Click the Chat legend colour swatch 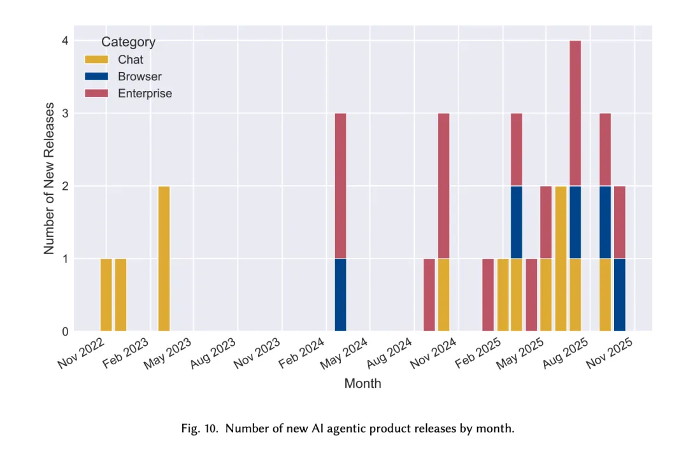pos(96,59)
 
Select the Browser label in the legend pos(140,76)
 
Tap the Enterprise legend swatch pos(96,93)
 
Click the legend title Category pos(128,42)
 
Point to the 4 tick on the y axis pos(65,41)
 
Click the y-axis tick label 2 pos(65,186)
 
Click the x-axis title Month pos(362,383)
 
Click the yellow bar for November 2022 pos(106,295)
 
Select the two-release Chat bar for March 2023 pos(164,259)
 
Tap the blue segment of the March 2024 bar pos(341,295)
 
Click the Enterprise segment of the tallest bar pos(575,113)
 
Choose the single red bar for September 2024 pos(429,295)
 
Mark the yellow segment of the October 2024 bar pos(443,295)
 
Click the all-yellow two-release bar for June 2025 pos(561,259)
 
